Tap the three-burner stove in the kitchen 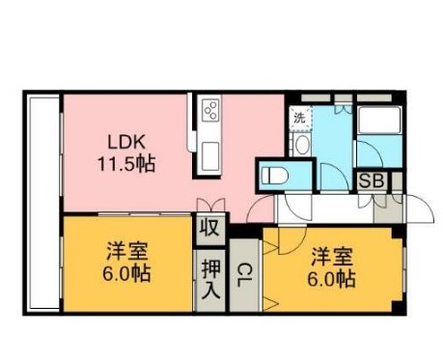(209, 113)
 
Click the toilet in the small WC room (275, 176)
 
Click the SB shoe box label (371, 180)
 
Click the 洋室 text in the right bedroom (332, 257)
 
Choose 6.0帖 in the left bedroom (127, 273)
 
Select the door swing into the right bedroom (272, 241)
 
